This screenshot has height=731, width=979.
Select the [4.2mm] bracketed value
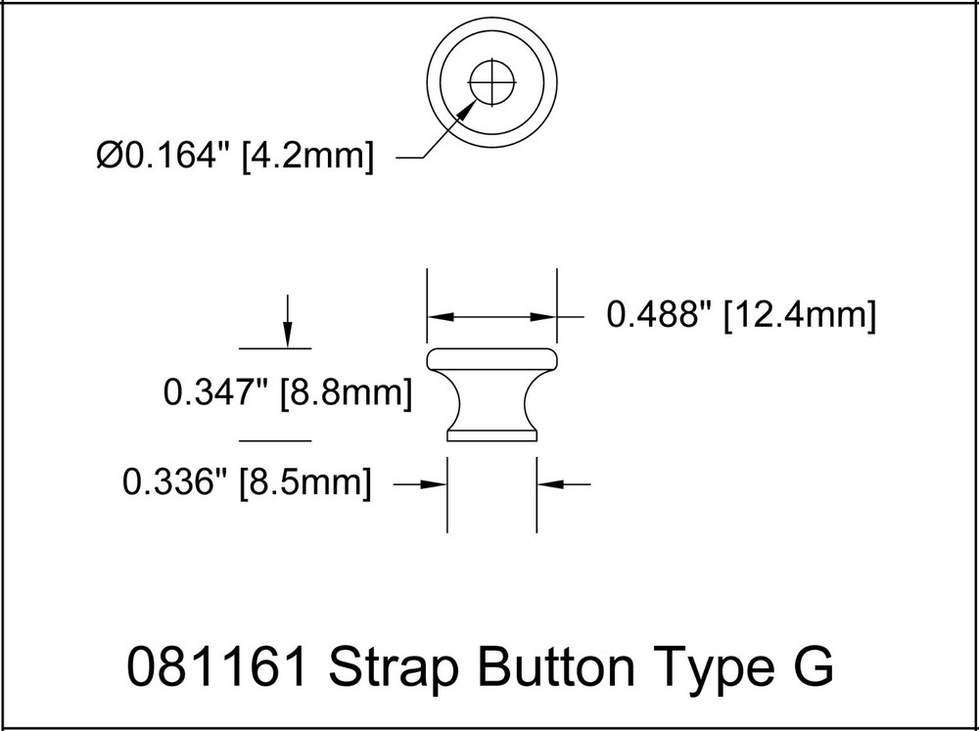coord(307,157)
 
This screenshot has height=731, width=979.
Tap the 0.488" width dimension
coord(659,316)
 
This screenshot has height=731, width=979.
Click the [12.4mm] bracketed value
coord(797,316)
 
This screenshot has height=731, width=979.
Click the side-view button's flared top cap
coord(492,357)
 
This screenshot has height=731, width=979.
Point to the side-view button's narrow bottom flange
coord(492,434)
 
